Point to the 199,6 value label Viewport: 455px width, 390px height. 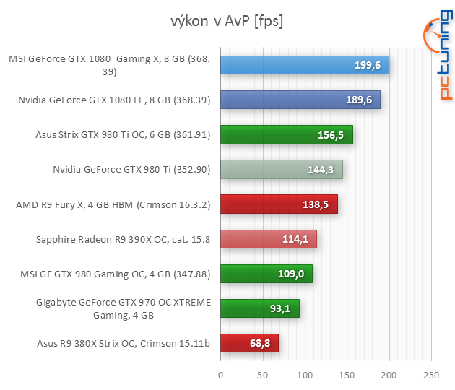(368, 66)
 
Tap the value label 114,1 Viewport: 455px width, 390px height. (295, 239)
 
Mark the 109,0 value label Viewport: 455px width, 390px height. (291, 274)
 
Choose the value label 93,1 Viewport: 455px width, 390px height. (279, 308)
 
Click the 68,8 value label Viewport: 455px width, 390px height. (259, 343)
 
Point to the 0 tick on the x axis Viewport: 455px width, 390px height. (221, 375)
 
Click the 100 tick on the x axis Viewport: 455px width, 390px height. (305, 375)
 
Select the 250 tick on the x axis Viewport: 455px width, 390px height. (431, 375)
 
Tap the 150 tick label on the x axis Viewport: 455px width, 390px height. (347, 375)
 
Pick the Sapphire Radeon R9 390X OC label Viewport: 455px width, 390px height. (123, 239)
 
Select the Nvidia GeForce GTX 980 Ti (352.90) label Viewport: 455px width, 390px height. (131, 170)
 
